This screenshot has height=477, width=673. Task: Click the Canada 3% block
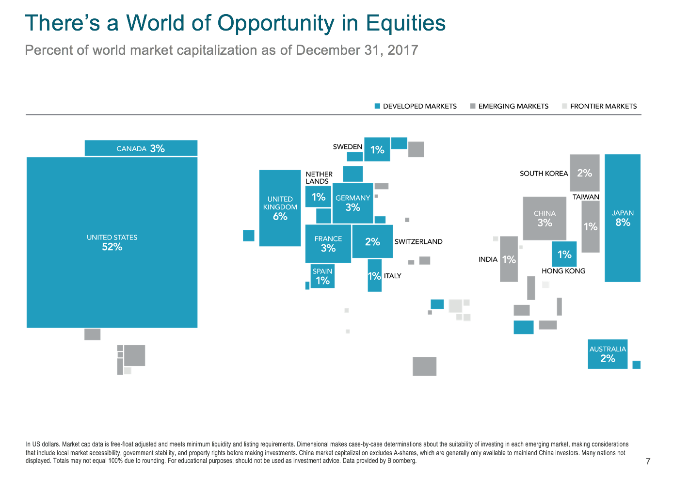pyautogui.click(x=141, y=148)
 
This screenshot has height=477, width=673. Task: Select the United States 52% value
pyautogui.click(x=112, y=247)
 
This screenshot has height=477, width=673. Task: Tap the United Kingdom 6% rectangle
pyautogui.click(x=280, y=208)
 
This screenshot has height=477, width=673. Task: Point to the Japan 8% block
pyautogui.click(x=623, y=218)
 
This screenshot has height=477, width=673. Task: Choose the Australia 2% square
pyautogui.click(x=608, y=354)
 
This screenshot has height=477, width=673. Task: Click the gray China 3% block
pyautogui.click(x=545, y=218)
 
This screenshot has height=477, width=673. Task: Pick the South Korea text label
pyautogui.click(x=544, y=174)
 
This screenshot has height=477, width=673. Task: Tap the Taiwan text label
pyautogui.click(x=586, y=197)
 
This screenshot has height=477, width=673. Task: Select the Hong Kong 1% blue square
pyautogui.click(x=564, y=254)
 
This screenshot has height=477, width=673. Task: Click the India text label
pyautogui.click(x=488, y=259)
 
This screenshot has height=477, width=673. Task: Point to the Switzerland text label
pyautogui.click(x=418, y=241)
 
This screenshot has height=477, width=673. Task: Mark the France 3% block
pyautogui.click(x=328, y=244)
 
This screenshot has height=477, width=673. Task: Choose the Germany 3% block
pyautogui.click(x=353, y=203)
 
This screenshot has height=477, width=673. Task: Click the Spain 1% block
pyautogui.click(x=322, y=276)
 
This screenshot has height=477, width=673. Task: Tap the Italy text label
pyautogui.click(x=392, y=276)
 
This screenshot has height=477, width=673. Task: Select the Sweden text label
pyautogui.click(x=348, y=147)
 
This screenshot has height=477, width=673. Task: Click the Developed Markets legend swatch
pyautogui.click(x=377, y=106)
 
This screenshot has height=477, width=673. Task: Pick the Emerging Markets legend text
pyautogui.click(x=513, y=106)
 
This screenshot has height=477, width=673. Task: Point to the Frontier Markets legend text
pyautogui.click(x=603, y=106)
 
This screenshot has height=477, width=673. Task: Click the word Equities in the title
pyautogui.click(x=406, y=23)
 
